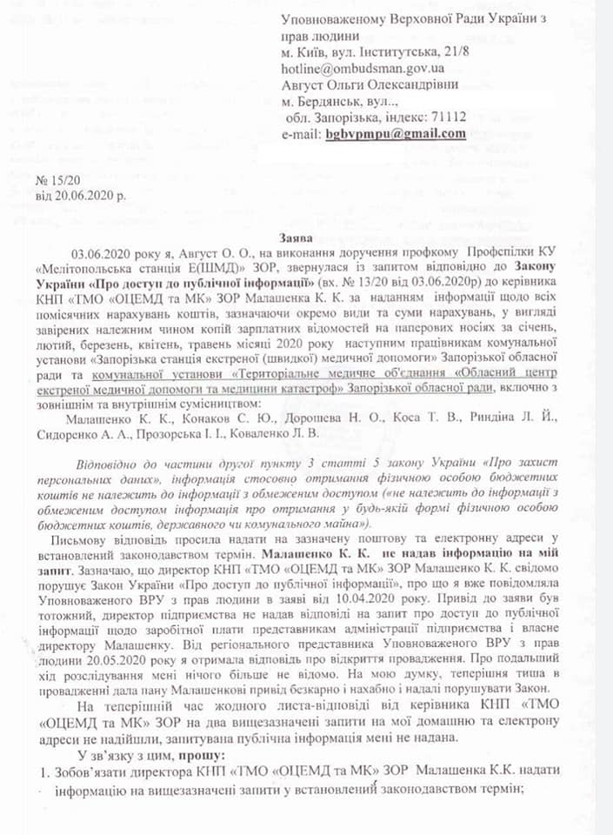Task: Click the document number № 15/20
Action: tap(56, 179)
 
